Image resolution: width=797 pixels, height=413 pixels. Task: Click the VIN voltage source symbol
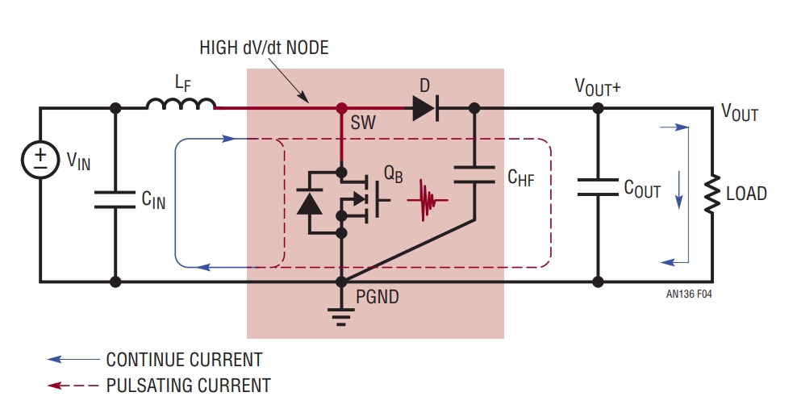40,160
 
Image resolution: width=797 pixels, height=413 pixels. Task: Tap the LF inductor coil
181,103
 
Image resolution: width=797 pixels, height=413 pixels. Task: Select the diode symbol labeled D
425,108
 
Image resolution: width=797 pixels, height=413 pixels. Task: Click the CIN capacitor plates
115,199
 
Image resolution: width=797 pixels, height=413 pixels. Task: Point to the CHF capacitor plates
474,174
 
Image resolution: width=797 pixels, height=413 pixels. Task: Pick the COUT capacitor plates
599,187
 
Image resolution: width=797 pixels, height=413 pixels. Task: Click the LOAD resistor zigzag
712,193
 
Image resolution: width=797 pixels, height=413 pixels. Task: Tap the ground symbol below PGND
341,315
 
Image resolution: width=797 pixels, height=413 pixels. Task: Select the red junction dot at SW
341,108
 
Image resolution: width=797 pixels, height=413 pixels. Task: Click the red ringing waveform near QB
427,200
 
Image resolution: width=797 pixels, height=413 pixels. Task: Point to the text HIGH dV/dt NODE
264,48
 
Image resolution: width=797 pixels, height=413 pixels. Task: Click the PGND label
378,297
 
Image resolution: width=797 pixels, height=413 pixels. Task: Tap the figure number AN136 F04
689,294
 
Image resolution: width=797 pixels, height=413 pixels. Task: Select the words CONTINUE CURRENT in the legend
184,360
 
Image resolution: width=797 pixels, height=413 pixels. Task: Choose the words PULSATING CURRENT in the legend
188,386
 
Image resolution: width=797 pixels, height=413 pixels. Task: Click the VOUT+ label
598,87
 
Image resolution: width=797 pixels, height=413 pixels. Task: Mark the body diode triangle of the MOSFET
309,203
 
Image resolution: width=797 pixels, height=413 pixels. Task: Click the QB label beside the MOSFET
393,174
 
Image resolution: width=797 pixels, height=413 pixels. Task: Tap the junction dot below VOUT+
599,108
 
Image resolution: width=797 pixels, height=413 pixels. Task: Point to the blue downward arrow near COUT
679,190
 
